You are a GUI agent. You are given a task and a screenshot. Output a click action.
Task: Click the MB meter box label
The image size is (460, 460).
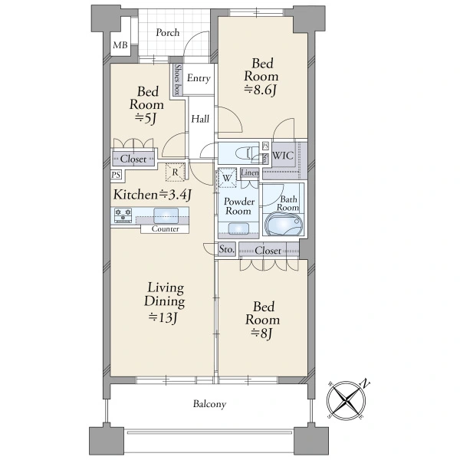coord(120,45)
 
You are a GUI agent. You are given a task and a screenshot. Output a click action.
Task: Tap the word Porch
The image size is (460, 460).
coord(167,32)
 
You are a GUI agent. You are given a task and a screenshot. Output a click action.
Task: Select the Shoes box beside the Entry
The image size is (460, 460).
coord(177,80)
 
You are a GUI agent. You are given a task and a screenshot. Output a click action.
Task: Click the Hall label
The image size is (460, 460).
coord(200,119)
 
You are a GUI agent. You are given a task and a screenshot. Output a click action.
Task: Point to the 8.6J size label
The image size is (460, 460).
coord(260,90)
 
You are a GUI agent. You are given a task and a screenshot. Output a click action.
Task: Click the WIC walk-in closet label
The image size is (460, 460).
coord(283,155)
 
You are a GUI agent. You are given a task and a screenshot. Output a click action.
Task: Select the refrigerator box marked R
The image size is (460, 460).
coord(175,172)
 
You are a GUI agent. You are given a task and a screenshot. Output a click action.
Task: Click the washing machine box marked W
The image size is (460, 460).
coord(226,178)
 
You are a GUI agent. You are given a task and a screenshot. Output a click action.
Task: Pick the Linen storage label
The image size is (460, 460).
coord(250,172)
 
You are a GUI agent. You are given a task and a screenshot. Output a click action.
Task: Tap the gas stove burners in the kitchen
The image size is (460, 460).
coord(123,215)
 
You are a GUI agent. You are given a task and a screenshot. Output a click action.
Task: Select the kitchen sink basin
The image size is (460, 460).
coord(166,215)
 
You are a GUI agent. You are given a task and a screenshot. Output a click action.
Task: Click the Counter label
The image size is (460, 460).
coord(165,228)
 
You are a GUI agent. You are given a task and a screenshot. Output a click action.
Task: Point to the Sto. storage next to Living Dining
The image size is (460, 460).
coord(227,249)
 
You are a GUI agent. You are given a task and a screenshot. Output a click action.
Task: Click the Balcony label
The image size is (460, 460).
coord(209,404)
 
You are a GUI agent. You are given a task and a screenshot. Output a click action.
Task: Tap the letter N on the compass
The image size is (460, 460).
coord(365,384)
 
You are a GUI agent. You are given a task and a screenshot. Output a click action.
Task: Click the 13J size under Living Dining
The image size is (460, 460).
coord(163,318)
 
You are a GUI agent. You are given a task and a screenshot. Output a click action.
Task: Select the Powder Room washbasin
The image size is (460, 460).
coord(238,228)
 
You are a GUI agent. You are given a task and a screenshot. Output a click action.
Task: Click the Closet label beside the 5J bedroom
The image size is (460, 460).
coord(133,159)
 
